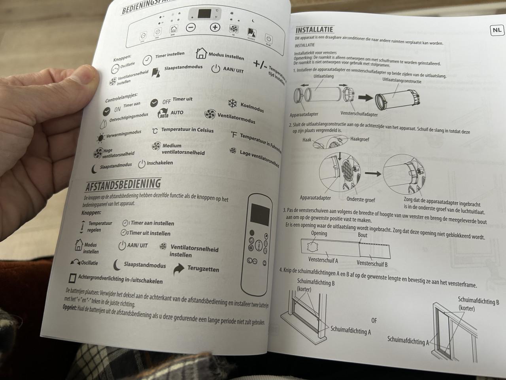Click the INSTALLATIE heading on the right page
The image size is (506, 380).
[x=314, y=30]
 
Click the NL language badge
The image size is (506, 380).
[x=497, y=30]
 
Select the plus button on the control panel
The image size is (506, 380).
[x=215, y=27]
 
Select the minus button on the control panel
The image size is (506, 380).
[x=191, y=27]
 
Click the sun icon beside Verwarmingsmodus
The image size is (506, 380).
[x=100, y=138]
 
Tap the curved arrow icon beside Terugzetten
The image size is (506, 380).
[x=179, y=270]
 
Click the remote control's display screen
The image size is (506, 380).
[x=260, y=214]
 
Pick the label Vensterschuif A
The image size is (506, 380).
[x=323, y=260]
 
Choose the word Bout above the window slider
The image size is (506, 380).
[x=363, y=235]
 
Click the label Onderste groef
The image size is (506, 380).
[x=361, y=199]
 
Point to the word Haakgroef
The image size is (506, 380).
[x=359, y=139]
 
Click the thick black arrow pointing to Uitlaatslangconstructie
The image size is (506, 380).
[x=365, y=97]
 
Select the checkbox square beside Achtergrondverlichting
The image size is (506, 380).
[x=72, y=277]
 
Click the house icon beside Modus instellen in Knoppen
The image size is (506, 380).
[x=202, y=53]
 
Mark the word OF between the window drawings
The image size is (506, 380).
[x=374, y=320]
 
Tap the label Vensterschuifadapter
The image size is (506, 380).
[x=359, y=114]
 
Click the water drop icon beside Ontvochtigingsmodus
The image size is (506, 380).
[x=104, y=123]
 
